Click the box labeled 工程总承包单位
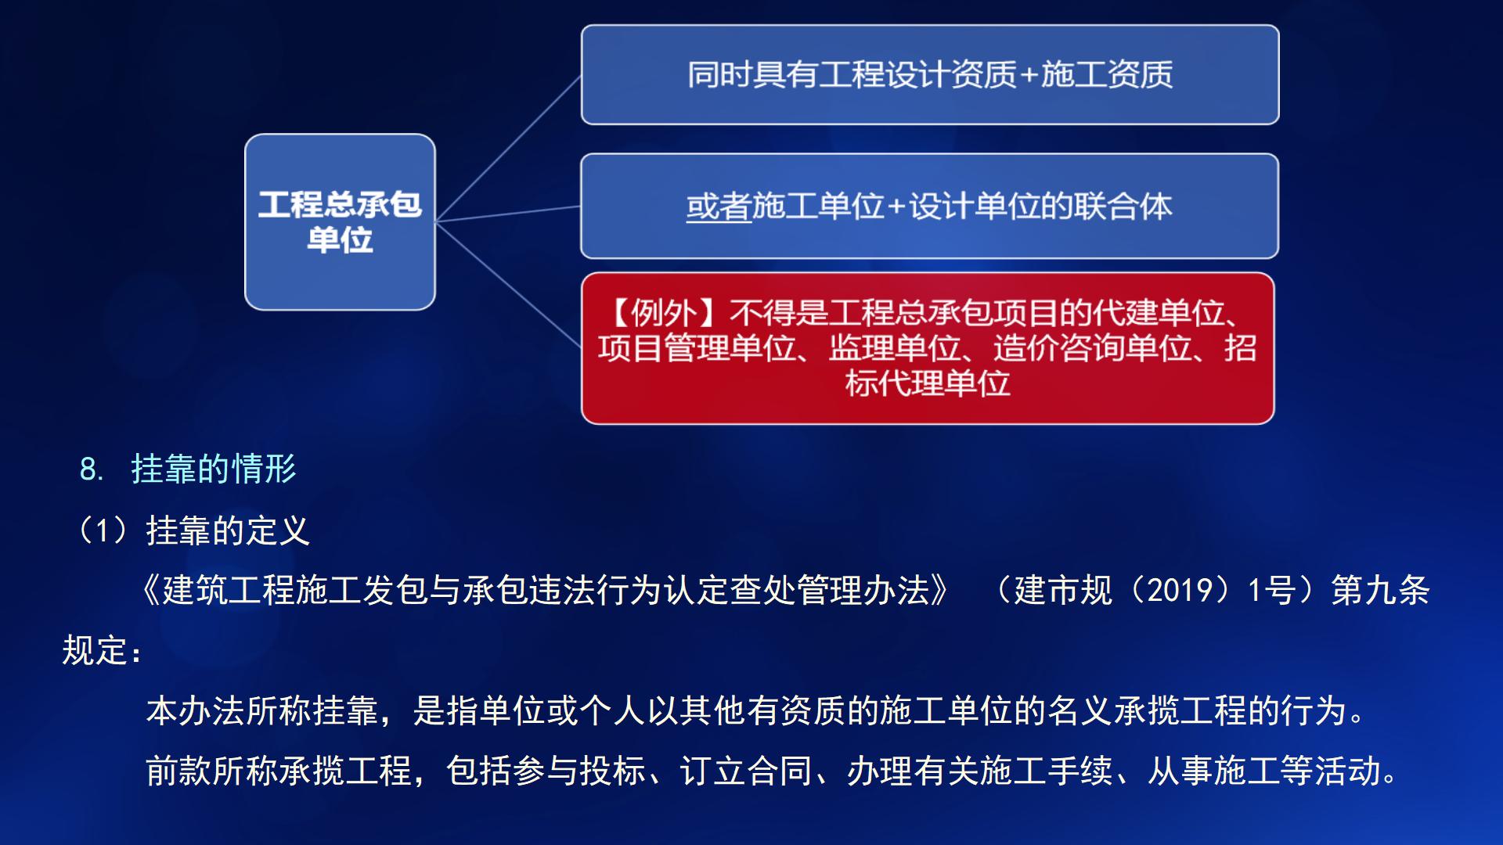click(340, 222)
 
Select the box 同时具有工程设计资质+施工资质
click(929, 75)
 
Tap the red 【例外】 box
click(928, 348)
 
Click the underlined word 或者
click(719, 207)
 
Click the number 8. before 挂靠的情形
click(91, 470)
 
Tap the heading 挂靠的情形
click(214, 469)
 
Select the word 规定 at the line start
click(95, 650)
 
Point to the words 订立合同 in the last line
click(745, 771)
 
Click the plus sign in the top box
click(1028, 75)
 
